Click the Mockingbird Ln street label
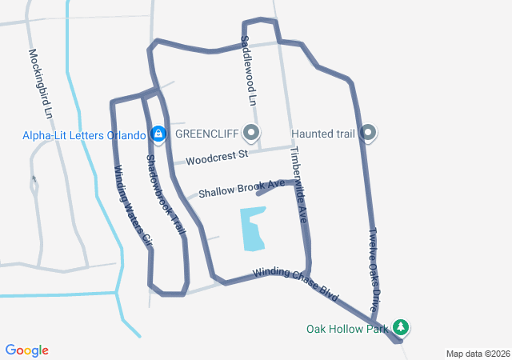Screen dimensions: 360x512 (x=41, y=84)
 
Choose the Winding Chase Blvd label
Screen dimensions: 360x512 (x=296, y=284)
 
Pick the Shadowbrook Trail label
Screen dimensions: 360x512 (x=166, y=194)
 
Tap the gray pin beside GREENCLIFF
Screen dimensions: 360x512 (x=253, y=133)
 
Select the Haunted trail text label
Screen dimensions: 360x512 (x=322, y=133)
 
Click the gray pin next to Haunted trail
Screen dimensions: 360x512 (x=368, y=133)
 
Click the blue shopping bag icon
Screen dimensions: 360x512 (x=158, y=133)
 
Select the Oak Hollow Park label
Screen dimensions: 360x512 (x=346, y=328)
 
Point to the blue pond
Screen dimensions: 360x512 (x=254, y=229)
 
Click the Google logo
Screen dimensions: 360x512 (x=26, y=350)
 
